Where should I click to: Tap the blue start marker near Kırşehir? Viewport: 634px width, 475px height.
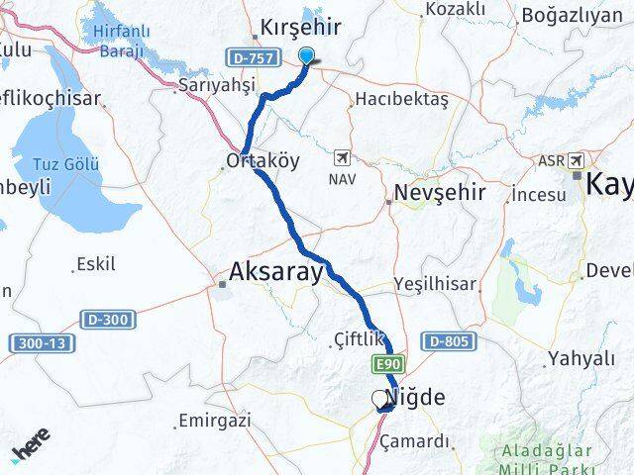[x=307, y=56]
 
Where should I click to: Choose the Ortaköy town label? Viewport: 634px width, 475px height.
[x=263, y=159]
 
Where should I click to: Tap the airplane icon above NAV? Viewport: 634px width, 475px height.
[x=342, y=158]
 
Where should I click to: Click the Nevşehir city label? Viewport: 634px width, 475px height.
[x=440, y=193]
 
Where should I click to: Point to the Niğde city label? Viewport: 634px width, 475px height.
[x=420, y=399]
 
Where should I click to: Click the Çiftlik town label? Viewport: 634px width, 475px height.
[x=357, y=342]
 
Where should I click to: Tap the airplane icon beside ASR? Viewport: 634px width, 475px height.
[x=577, y=160]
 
